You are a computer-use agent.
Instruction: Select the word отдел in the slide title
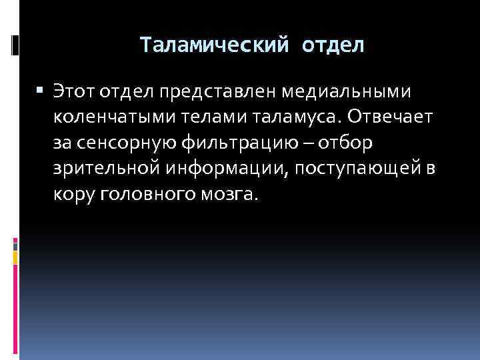tap(333, 45)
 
